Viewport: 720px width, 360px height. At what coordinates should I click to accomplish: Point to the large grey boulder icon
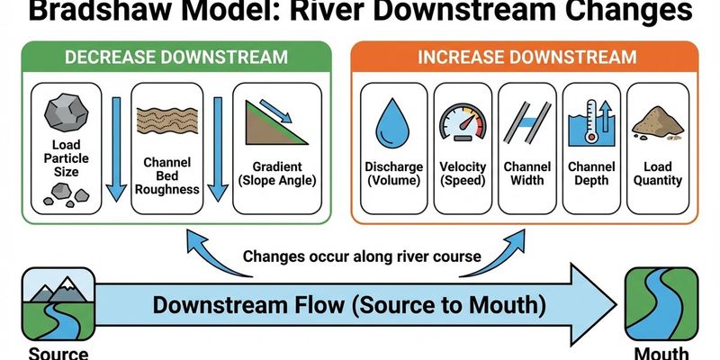pos(64,113)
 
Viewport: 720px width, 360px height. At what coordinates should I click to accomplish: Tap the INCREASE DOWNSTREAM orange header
pos(527,58)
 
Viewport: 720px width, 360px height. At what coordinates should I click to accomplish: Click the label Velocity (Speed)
pos(463,174)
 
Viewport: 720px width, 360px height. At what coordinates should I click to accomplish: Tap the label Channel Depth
pos(590,174)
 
